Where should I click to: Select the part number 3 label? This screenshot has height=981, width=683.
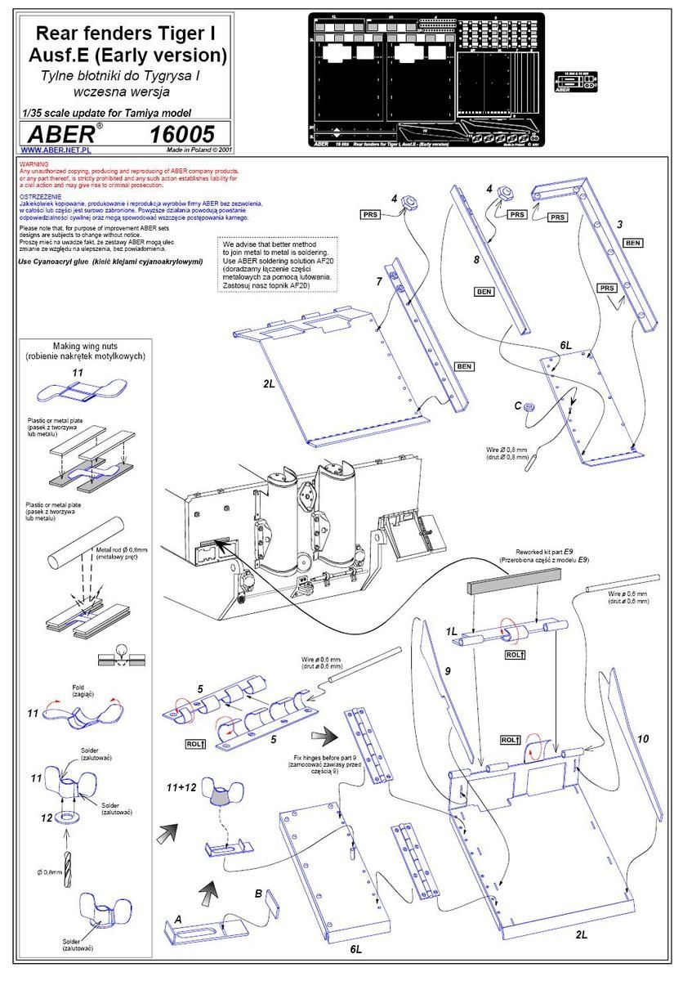621,222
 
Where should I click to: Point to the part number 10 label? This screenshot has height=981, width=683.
643,739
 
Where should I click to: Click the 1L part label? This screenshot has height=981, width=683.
451,631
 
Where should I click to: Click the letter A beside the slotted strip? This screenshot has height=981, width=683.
178,919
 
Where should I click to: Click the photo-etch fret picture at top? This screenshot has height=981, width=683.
424,80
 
